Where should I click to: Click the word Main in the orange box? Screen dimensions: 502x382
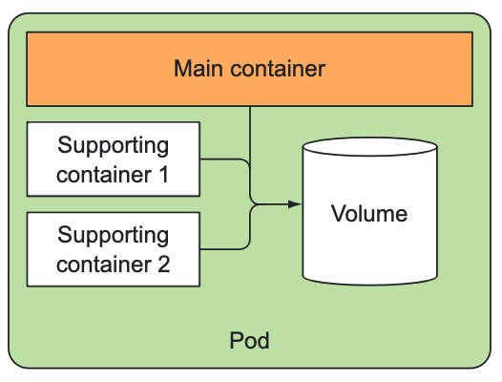[198, 68]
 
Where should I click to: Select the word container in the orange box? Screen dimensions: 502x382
[278, 69]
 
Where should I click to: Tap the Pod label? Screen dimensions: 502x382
[249, 340]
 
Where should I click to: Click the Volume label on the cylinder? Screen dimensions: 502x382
[369, 213]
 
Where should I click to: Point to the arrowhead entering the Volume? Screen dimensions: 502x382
[295, 203]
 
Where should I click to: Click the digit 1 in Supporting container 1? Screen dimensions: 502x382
[164, 175]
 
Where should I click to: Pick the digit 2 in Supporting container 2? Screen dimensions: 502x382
[163, 265]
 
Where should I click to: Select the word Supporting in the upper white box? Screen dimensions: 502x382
[113, 146]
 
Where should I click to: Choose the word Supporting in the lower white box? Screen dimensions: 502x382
[113, 236]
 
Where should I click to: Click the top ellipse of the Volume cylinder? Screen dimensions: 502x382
[369, 147]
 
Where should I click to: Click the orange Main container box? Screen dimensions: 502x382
[249, 69]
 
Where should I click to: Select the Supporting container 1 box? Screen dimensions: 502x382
[114, 159]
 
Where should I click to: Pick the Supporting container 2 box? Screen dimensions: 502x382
[114, 249]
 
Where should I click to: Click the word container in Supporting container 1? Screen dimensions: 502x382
[104, 175]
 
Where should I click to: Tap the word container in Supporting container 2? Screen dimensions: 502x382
[104, 265]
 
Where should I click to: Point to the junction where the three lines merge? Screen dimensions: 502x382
[256, 203]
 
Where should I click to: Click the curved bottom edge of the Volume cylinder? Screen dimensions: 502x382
[369, 284]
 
